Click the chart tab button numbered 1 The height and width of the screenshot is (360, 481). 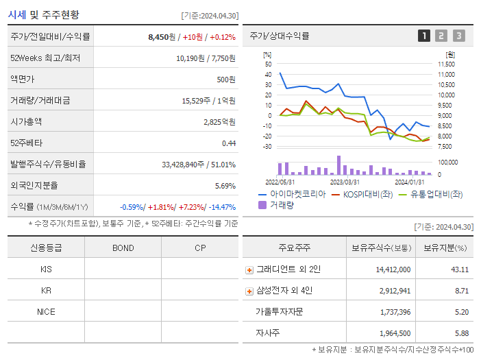(x=424, y=36)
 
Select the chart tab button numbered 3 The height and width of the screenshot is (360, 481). (x=458, y=36)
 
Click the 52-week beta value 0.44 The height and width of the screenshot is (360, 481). (x=229, y=143)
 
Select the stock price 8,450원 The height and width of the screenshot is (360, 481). (x=161, y=37)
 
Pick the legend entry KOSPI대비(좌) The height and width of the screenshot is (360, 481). (x=364, y=195)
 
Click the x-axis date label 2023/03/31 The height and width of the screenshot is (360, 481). (x=345, y=182)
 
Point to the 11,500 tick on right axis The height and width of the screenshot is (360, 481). (x=445, y=64)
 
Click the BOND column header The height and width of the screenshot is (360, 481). (x=123, y=248)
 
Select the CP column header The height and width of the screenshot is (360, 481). (x=199, y=248)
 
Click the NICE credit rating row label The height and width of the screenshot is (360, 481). (x=46, y=311)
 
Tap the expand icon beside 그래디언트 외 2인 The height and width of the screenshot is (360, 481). (x=249, y=270)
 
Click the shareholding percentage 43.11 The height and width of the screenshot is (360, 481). (x=459, y=269)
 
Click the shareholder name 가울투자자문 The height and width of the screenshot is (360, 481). (x=279, y=312)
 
